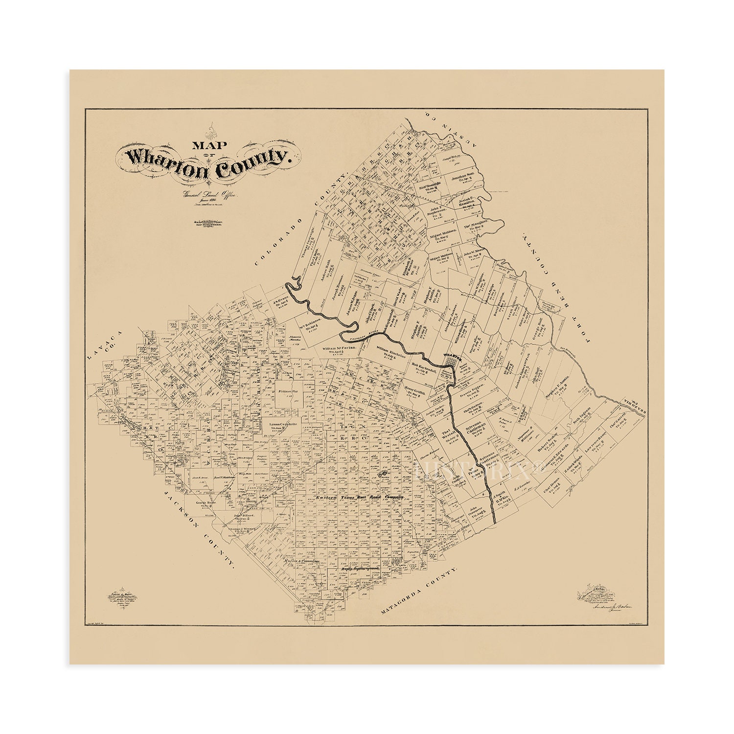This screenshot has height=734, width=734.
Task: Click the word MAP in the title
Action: [205, 145]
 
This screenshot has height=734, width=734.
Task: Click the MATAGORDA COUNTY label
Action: [419, 593]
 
